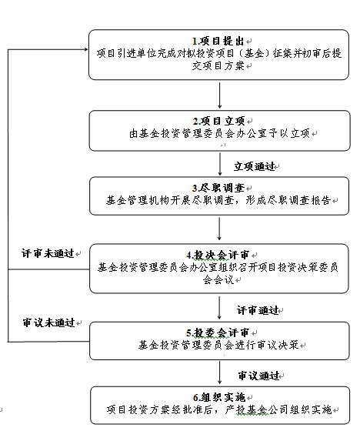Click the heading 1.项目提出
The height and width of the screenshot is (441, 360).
[x=218, y=41]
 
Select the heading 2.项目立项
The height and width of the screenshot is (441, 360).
[x=219, y=121]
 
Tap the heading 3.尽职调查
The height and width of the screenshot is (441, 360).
[x=218, y=188]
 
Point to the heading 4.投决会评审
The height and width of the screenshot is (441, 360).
[x=218, y=255]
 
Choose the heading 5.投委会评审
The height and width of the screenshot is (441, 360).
[x=218, y=332]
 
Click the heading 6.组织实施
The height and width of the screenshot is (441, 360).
[x=219, y=397]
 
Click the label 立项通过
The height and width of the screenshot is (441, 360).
[x=255, y=166]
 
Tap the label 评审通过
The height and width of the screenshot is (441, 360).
[x=258, y=310]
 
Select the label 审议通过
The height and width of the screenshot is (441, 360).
[x=258, y=376]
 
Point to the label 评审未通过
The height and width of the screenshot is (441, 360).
[x=48, y=253]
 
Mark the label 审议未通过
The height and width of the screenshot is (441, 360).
[x=49, y=322]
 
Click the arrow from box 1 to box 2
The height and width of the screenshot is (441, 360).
[x=219, y=95]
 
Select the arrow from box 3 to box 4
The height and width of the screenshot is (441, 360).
[x=219, y=229]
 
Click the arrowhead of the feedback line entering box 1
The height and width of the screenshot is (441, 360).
[x=86, y=49]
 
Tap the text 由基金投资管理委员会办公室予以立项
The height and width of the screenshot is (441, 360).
[x=219, y=133]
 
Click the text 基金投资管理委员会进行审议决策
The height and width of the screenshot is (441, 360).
[x=218, y=345]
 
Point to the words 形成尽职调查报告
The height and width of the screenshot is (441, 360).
[x=288, y=200]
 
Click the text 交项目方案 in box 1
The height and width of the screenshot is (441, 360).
[x=218, y=66]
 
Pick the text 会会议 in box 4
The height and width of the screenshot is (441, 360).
[x=218, y=280]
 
